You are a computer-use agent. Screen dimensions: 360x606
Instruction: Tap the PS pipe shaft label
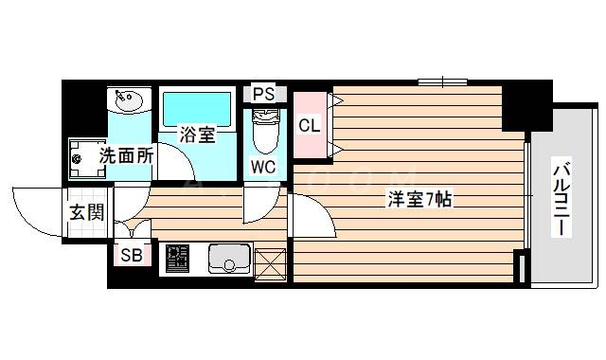(x=264, y=95)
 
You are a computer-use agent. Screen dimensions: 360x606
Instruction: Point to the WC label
(x=264, y=167)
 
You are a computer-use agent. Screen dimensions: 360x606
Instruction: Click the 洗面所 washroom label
(x=126, y=154)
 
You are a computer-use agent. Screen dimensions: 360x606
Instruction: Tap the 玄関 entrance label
(x=86, y=212)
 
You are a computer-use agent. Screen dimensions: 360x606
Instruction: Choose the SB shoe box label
(x=132, y=254)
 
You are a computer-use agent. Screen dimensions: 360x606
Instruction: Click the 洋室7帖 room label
(x=418, y=200)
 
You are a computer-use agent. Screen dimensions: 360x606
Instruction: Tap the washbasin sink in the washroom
(x=128, y=99)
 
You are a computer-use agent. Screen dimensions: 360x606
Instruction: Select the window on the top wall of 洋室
(x=442, y=81)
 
